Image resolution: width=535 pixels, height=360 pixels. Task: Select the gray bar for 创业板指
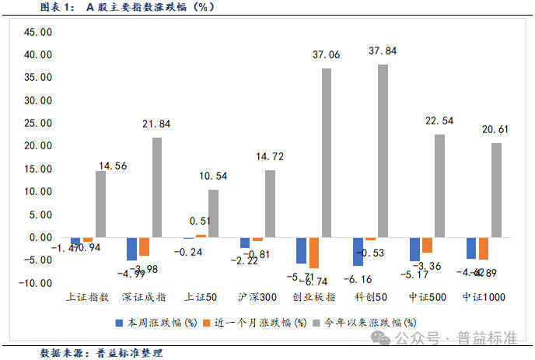(326, 152)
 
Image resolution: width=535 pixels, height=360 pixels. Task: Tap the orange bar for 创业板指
(314, 253)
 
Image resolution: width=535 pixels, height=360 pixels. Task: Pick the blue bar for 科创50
(358, 251)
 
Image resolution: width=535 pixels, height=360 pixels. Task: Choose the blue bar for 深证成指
(132, 249)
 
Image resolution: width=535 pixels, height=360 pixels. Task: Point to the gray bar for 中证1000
(495, 190)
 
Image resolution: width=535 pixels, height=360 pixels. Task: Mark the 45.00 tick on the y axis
(37, 33)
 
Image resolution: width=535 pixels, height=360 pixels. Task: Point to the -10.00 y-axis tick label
(35, 283)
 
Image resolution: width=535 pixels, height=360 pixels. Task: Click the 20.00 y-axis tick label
(37, 146)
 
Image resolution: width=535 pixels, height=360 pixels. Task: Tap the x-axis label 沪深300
(257, 297)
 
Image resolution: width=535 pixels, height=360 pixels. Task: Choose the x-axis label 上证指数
(88, 297)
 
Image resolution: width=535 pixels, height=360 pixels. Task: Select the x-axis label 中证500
(426, 297)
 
